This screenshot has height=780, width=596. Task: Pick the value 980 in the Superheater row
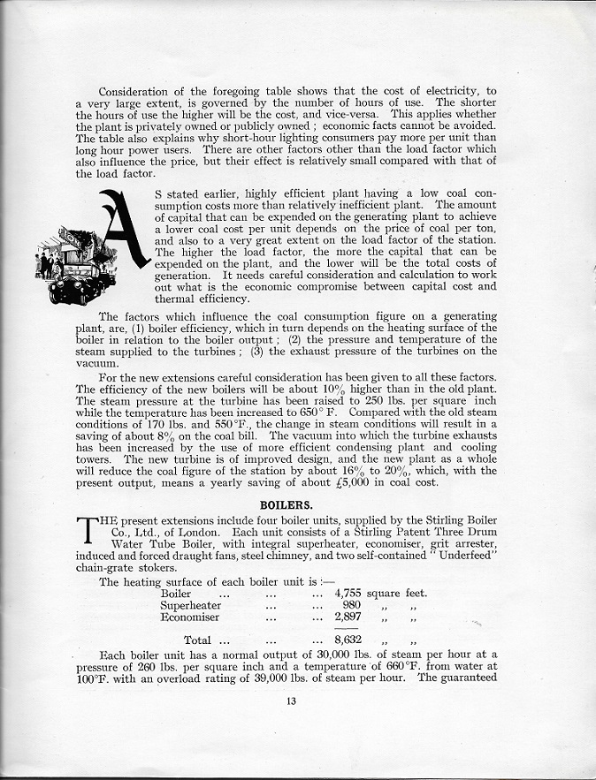tap(351, 605)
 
